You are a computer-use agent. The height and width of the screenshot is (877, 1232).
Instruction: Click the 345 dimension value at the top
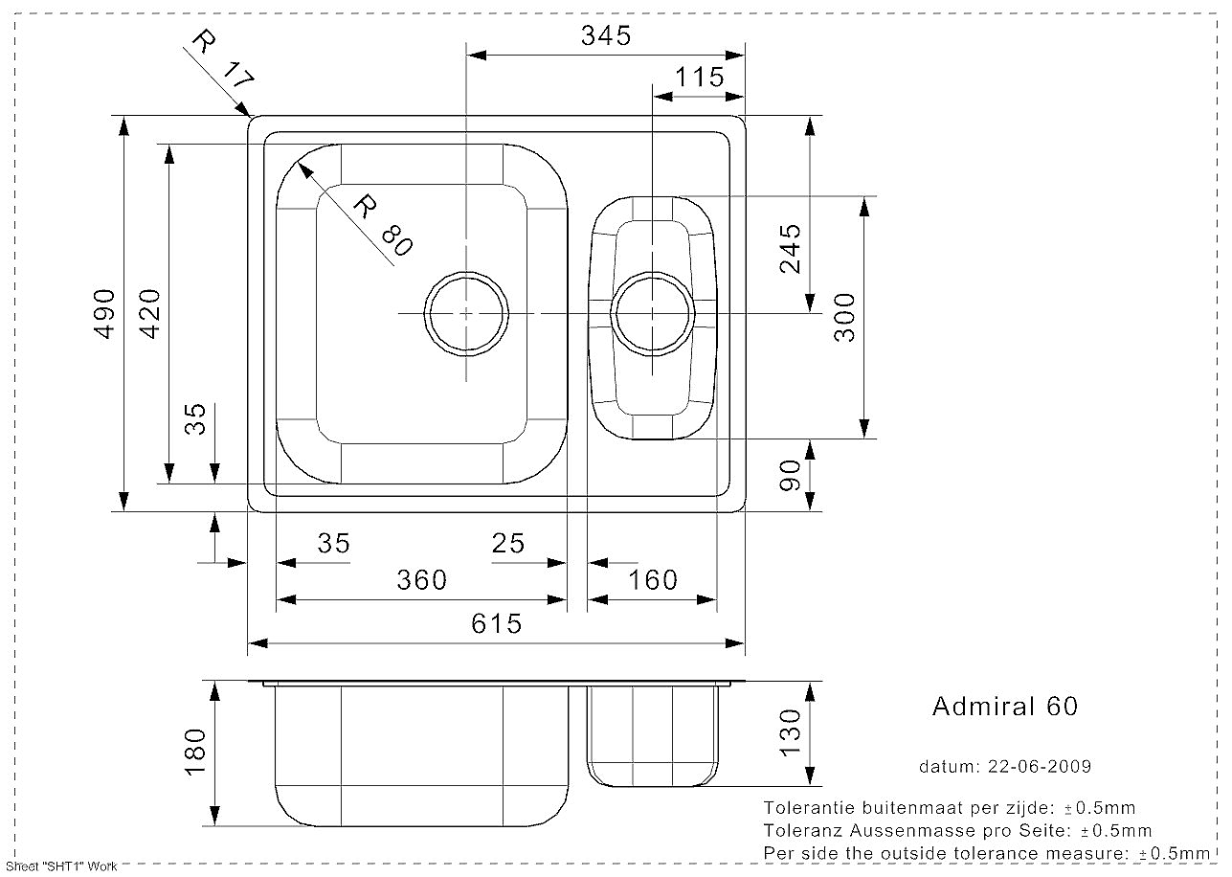pyautogui.click(x=606, y=35)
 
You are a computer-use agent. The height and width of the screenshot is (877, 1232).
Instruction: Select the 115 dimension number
pyautogui.click(x=699, y=77)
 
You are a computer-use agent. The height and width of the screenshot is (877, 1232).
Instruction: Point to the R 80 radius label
pyautogui.click(x=383, y=226)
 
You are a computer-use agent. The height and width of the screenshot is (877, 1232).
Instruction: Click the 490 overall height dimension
pyautogui.click(x=105, y=314)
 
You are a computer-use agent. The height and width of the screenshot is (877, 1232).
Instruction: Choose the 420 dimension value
pyautogui.click(x=150, y=314)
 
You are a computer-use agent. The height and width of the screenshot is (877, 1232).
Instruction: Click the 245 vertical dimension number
pyautogui.click(x=791, y=249)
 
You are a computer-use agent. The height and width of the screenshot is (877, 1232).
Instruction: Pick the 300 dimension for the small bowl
pyautogui.click(x=845, y=318)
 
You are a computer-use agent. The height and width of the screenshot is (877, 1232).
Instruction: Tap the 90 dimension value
pyautogui.click(x=791, y=476)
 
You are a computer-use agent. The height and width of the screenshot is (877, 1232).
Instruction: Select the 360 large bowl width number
pyautogui.click(x=422, y=580)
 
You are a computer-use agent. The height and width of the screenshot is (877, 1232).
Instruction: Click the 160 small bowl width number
pyautogui.click(x=652, y=580)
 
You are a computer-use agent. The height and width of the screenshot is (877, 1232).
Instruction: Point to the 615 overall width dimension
pyautogui.click(x=496, y=624)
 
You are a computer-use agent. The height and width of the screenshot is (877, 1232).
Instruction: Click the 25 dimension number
pyautogui.click(x=508, y=544)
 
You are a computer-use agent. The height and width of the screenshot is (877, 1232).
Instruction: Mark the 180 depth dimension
pyautogui.click(x=195, y=753)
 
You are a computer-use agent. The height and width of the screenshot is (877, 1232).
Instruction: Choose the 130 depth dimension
pyautogui.click(x=791, y=732)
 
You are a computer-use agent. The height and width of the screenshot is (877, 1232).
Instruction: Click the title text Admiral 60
pyautogui.click(x=1005, y=707)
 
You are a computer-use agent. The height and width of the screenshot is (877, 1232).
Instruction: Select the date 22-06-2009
pyautogui.click(x=1040, y=766)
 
